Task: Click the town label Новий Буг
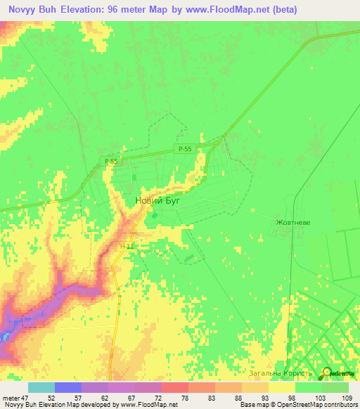(157, 201)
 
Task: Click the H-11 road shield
(127, 246)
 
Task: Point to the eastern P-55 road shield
(185, 148)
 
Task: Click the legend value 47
(24, 397)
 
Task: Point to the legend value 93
(264, 397)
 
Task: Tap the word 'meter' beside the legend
(10, 397)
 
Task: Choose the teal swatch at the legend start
(41, 387)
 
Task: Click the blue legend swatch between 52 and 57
(68, 387)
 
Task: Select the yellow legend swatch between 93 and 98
(281, 387)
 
